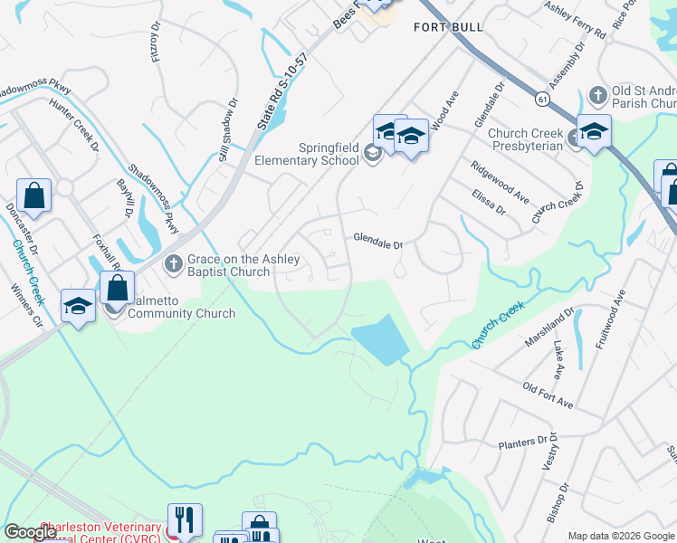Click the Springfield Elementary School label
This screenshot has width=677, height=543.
pos(316,154)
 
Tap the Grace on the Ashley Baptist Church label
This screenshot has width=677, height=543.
pos(229,265)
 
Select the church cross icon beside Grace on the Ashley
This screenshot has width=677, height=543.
pos(173,265)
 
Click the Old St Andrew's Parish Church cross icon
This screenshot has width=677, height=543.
pos(596,94)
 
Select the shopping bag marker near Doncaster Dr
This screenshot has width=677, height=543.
pos(33,195)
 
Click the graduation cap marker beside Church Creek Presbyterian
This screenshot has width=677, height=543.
pos(594,133)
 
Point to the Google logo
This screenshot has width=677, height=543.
pos(31,532)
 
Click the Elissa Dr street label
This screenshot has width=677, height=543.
pos(488,200)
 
